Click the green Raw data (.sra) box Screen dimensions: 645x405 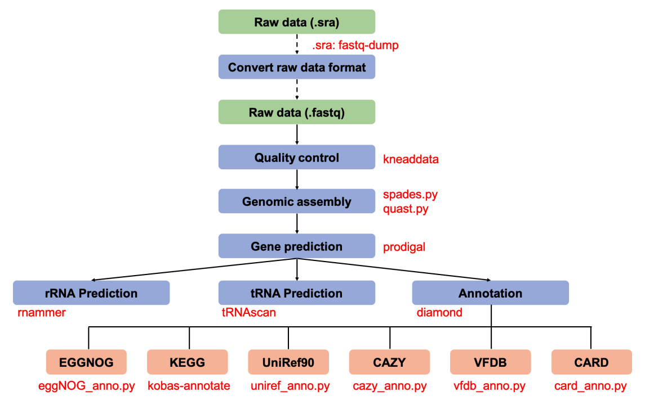[x=296, y=22]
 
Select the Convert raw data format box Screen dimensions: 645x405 [x=296, y=67]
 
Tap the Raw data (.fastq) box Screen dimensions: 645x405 [x=296, y=112]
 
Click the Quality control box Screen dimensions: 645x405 [x=296, y=157]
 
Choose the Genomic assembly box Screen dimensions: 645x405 [x=296, y=201]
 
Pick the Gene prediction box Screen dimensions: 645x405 [x=296, y=246]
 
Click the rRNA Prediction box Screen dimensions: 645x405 [x=91, y=293]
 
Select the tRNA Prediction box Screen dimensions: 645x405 [x=296, y=293]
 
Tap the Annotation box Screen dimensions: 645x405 [x=490, y=293]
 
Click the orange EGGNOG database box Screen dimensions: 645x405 [x=86, y=362]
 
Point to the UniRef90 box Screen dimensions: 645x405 [x=288, y=362]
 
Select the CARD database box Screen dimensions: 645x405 [x=591, y=362]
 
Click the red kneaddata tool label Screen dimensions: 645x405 [x=411, y=159]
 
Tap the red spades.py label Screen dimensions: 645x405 [x=411, y=194]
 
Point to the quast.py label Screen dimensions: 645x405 [x=406, y=209]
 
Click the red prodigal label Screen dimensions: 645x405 [x=404, y=247]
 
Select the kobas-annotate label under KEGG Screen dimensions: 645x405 [x=189, y=386]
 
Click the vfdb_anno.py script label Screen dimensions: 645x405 [x=490, y=386]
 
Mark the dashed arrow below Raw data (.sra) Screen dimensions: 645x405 [x=296, y=44]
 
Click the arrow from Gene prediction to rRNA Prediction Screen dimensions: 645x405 [x=194, y=269]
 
